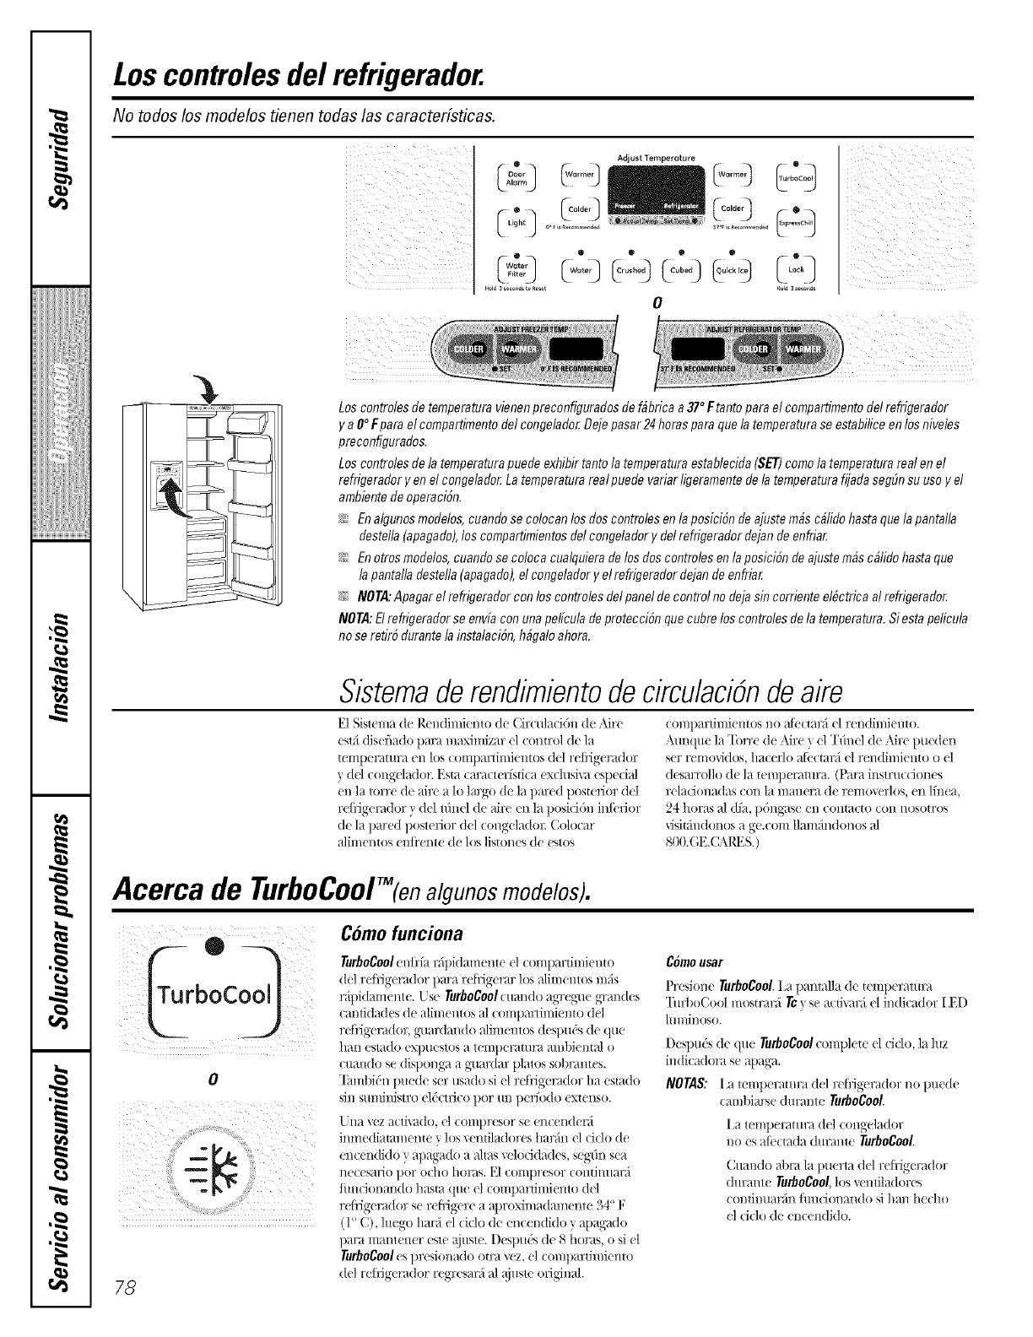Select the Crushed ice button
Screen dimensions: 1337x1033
click(x=630, y=271)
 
